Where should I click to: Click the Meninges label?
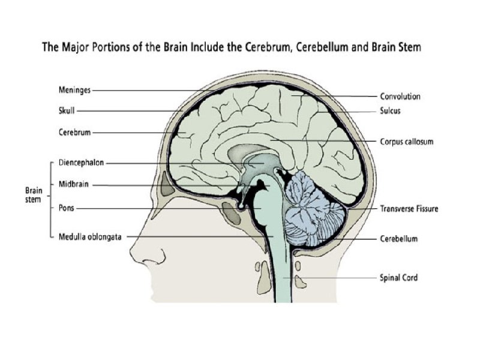point(75,91)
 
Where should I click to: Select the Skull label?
point(67,110)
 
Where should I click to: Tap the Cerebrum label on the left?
point(75,133)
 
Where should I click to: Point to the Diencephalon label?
point(82,163)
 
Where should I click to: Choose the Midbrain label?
point(75,185)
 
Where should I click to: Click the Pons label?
point(67,208)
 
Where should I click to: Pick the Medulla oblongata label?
point(90,236)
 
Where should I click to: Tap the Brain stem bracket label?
point(34,195)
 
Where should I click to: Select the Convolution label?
point(400,97)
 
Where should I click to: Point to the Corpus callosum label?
point(406,142)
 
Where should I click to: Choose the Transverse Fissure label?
point(409,209)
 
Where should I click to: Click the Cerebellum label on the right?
point(398,239)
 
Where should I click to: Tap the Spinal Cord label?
point(398,278)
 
